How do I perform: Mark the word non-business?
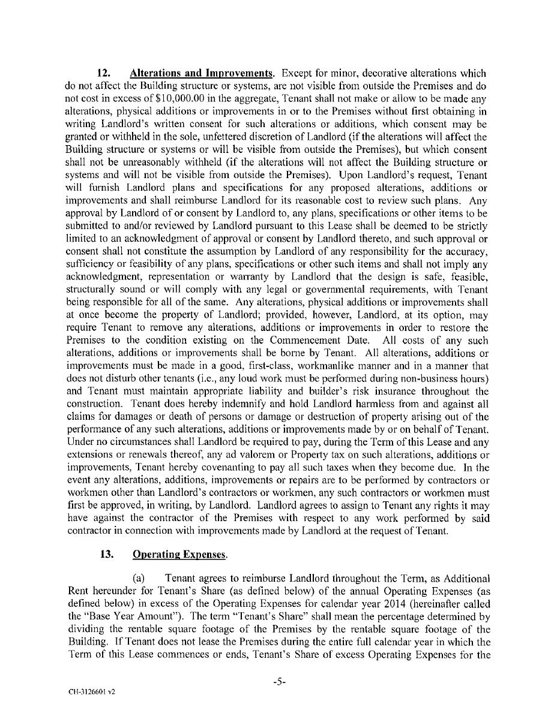(423, 378)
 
